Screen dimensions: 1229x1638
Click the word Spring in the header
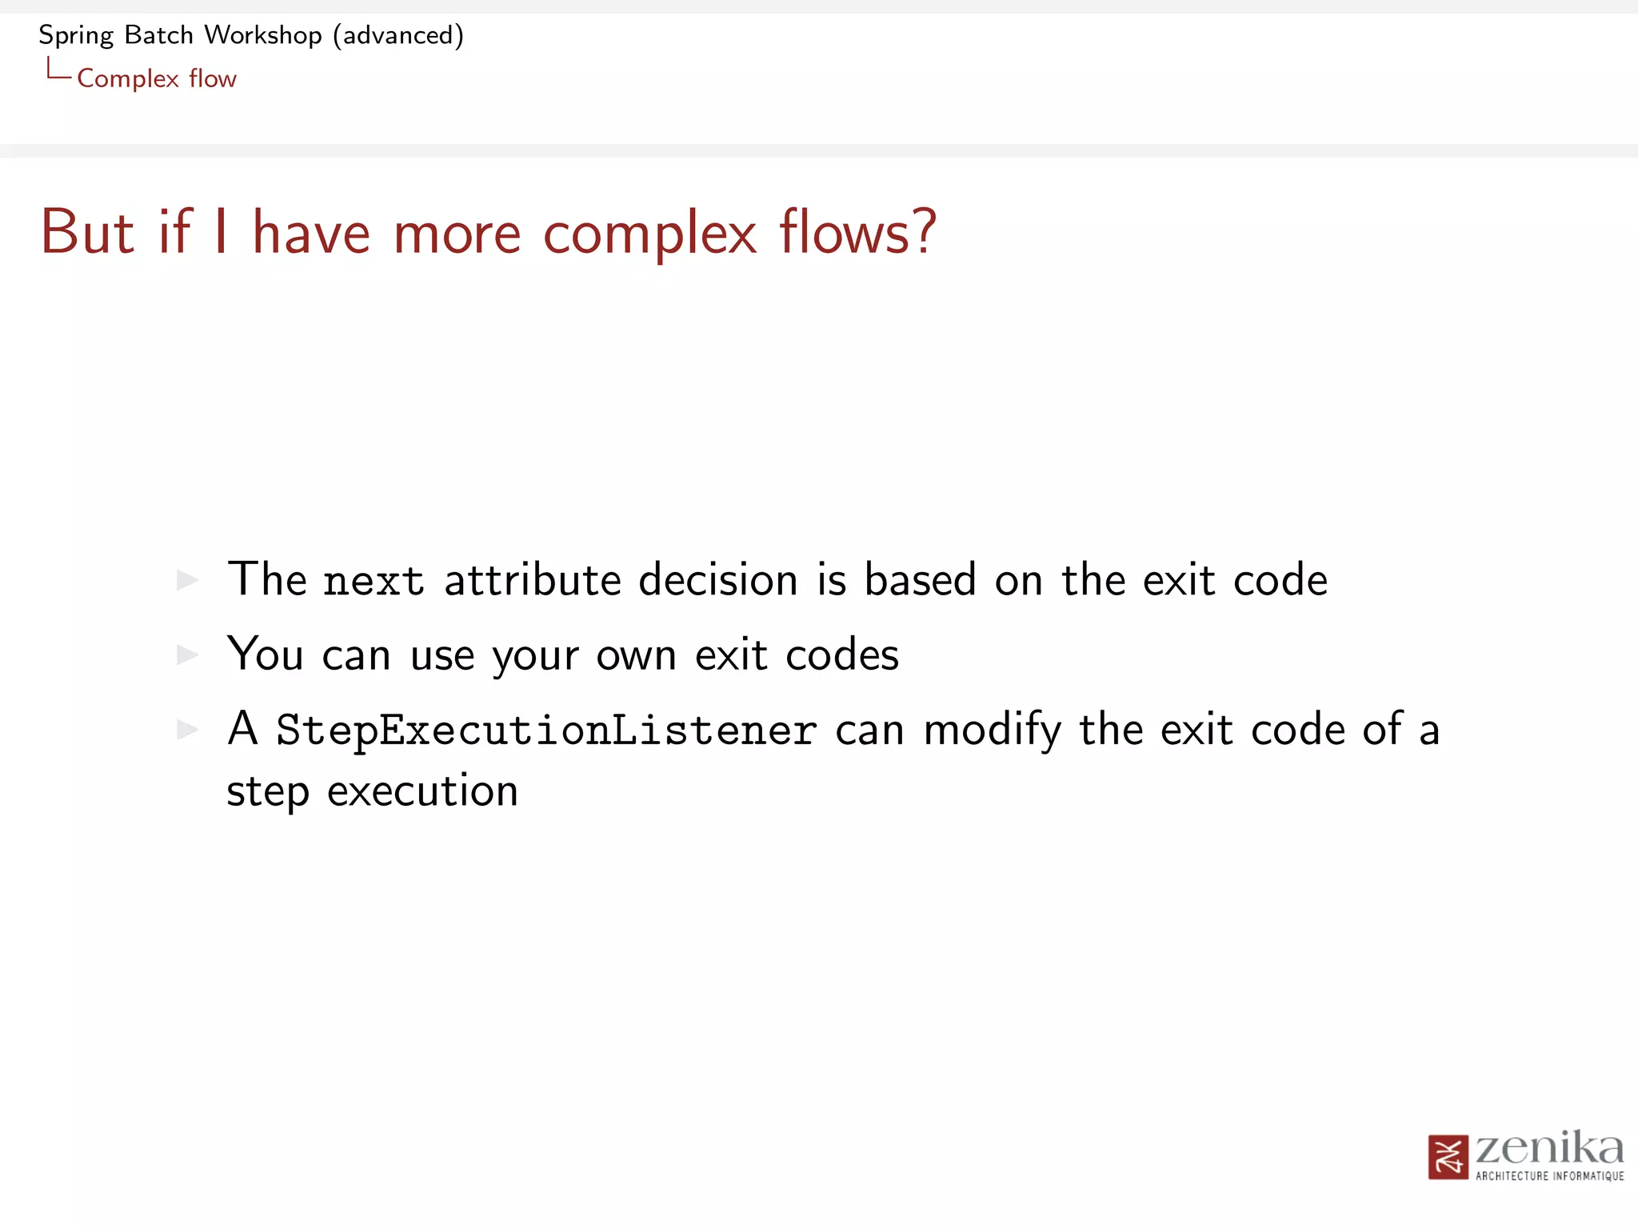click(x=76, y=36)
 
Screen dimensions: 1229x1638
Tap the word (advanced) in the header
click(x=398, y=36)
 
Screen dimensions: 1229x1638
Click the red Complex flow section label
click(x=157, y=79)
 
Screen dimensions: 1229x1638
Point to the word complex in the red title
click(x=649, y=233)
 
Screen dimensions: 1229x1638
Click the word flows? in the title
click(x=857, y=233)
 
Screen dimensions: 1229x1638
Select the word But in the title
click(x=87, y=233)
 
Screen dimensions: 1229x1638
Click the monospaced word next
click(x=374, y=582)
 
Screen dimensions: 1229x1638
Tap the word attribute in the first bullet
click(x=533, y=580)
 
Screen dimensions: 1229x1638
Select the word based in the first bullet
click(x=920, y=580)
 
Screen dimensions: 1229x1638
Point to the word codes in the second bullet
click(x=842, y=655)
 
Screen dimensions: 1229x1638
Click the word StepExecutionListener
click(x=546, y=731)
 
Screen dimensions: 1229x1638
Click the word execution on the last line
click(x=422, y=792)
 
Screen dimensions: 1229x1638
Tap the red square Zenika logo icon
click(x=1448, y=1157)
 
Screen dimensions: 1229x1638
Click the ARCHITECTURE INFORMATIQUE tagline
click(x=1549, y=1176)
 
